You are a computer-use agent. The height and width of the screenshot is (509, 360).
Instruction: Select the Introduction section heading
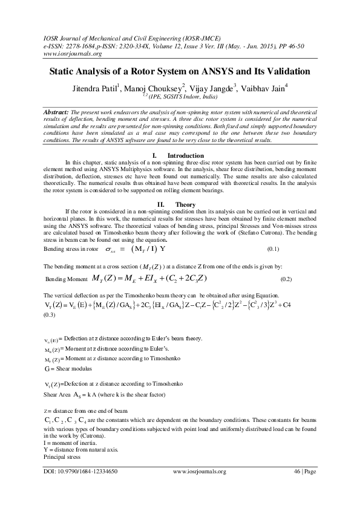(x=186, y=156)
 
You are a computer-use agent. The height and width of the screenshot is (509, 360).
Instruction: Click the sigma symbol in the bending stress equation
(x=106, y=249)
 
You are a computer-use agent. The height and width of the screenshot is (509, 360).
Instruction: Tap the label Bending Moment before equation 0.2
(x=67, y=279)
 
